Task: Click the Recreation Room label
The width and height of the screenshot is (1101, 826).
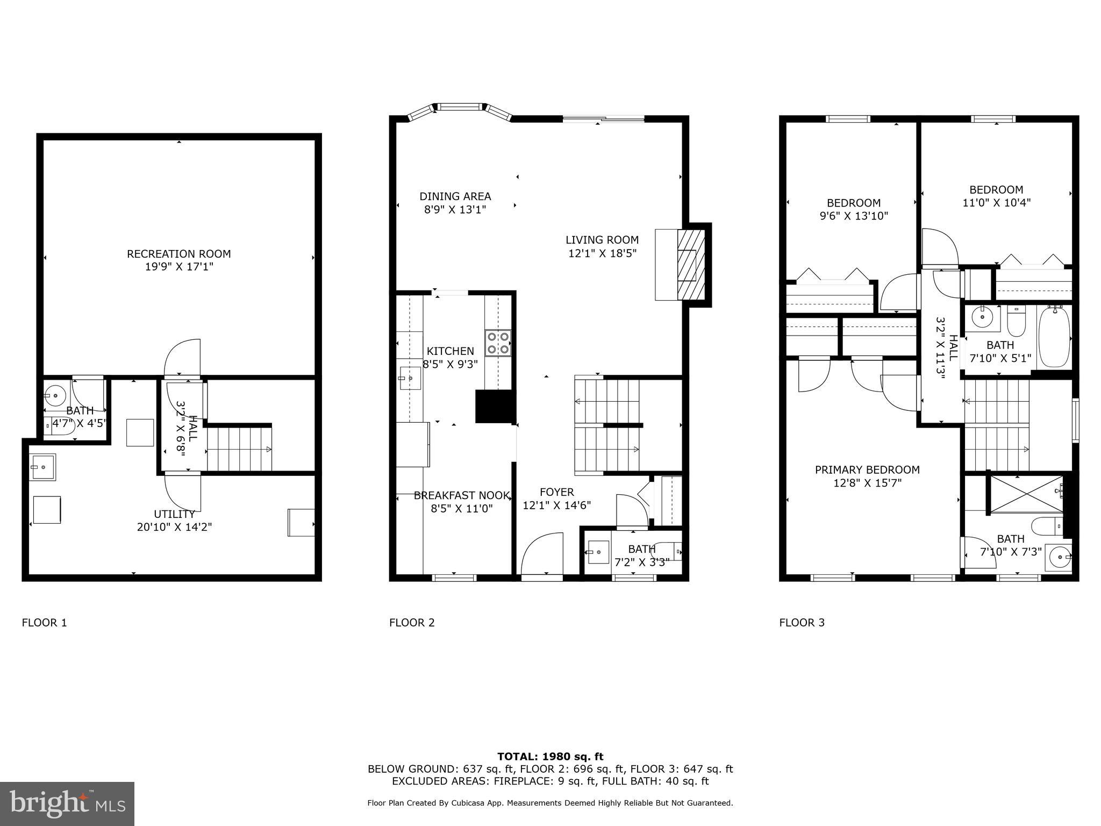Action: pos(178,254)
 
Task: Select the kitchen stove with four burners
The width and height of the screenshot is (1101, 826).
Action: pos(498,343)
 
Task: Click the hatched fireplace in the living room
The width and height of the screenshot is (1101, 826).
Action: pos(690,265)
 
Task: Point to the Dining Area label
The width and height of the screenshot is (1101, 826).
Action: pos(455,197)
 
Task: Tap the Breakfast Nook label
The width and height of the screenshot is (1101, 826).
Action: pos(461,496)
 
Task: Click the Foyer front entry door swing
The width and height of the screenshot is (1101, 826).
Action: pos(542,554)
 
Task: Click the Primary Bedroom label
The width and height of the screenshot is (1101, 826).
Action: pos(867,470)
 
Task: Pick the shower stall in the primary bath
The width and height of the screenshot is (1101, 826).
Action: pos(1026,494)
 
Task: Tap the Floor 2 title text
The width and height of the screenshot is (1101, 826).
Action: pos(411,623)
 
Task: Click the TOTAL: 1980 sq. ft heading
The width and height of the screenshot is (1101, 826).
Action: pos(550,757)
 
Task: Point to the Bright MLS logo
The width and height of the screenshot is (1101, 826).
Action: pos(67,803)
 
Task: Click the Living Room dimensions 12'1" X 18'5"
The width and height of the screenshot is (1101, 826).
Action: pos(602,253)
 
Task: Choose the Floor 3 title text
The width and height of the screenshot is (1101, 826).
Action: pos(802,623)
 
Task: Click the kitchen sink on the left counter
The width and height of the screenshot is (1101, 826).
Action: pos(410,378)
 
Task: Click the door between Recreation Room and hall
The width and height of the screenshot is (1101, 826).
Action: pos(182,358)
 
